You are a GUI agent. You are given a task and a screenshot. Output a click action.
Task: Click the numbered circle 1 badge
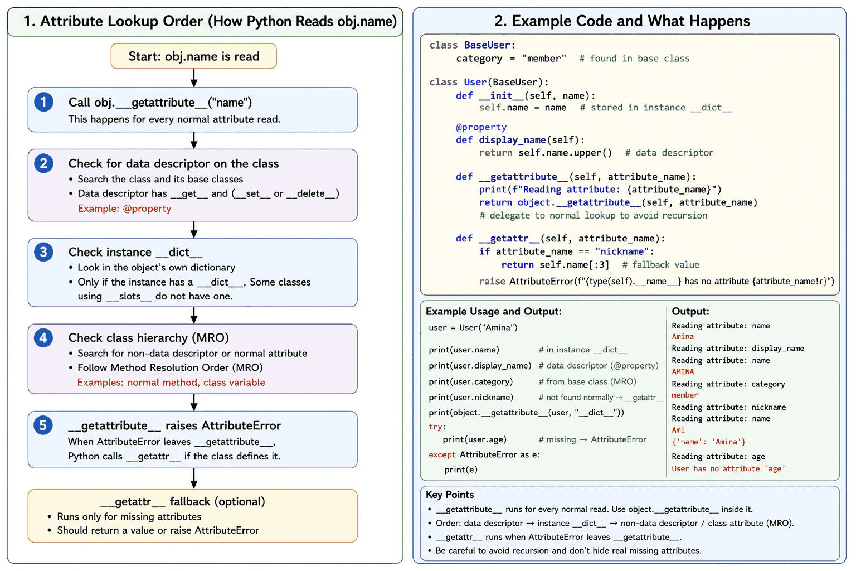(x=43, y=102)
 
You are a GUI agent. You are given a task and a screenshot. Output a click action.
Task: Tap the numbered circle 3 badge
(x=43, y=252)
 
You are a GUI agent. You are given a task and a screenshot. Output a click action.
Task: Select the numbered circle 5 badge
(x=43, y=425)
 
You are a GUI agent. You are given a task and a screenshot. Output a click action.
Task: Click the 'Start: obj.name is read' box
(x=194, y=56)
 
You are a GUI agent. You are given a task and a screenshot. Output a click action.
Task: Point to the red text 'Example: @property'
(x=125, y=209)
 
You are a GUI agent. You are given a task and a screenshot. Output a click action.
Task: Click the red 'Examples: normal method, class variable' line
(x=171, y=383)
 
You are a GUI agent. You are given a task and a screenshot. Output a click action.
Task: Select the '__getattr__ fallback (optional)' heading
(x=182, y=501)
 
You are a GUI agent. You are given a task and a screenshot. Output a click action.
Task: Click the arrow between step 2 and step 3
(x=194, y=230)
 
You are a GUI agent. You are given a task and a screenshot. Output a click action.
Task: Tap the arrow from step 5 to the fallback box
(x=194, y=478)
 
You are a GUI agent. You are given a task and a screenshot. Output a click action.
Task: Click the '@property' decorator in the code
(x=481, y=127)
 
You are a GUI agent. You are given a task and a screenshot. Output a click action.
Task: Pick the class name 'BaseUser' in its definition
(x=487, y=45)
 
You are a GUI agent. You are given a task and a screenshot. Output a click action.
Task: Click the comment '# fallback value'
(x=661, y=265)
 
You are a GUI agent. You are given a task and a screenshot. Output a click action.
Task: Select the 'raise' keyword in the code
(x=492, y=282)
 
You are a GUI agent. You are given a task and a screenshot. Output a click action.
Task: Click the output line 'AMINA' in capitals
(x=683, y=371)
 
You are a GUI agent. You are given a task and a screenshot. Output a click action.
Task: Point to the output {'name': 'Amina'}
(x=709, y=442)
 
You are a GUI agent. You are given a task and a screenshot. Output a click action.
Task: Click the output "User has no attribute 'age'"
(x=728, y=468)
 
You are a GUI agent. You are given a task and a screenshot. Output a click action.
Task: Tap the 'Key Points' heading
(x=450, y=495)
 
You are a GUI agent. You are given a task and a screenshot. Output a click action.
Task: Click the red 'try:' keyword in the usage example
(x=437, y=427)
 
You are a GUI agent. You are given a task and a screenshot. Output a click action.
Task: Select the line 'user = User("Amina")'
(x=473, y=327)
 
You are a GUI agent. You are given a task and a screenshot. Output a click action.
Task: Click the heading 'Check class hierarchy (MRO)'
(x=149, y=338)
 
